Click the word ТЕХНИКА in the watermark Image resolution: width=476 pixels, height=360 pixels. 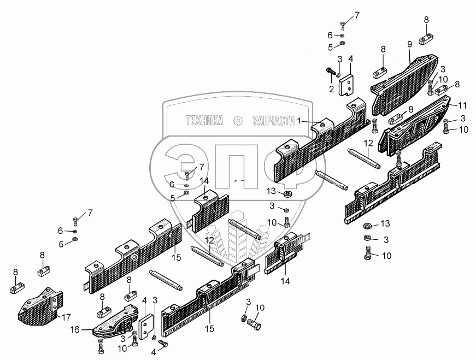(204, 120)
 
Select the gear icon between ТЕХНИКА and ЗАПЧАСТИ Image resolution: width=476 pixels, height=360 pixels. (238, 120)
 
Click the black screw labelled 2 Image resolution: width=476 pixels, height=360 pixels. (331, 70)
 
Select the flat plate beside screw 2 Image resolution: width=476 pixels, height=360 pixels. (346, 85)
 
